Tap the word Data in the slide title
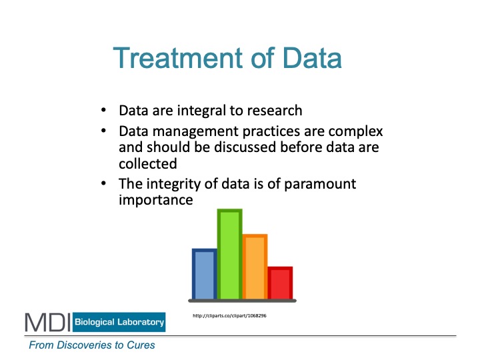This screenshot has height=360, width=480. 311,58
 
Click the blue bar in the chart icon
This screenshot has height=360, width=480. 204,274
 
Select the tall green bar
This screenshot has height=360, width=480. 229,254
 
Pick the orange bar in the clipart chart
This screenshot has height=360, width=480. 255,266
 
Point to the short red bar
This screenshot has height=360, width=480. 280,283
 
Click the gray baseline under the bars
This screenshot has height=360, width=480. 242,301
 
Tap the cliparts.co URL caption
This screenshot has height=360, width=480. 229,315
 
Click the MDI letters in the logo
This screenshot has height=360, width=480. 48,323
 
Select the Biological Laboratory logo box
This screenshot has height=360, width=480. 119,322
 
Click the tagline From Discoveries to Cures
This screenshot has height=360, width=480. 92,345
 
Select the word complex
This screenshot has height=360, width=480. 355,132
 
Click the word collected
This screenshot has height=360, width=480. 148,163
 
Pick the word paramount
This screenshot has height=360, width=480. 320,185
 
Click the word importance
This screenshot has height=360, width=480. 156,200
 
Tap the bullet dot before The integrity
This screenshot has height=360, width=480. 103,183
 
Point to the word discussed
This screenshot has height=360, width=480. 245,147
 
